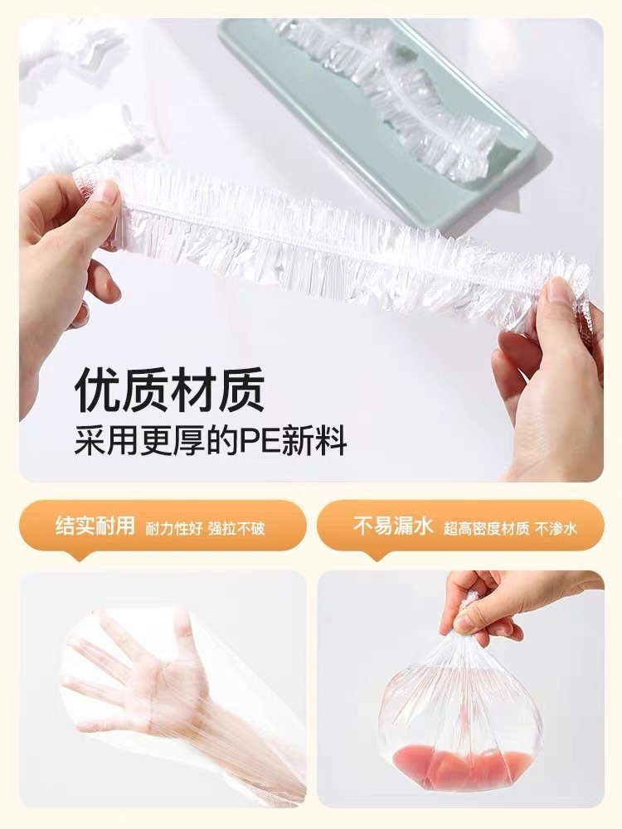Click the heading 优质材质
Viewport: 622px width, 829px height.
click(169, 390)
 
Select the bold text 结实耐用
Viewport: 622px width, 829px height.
click(95, 526)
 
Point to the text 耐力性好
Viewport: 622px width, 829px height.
click(174, 528)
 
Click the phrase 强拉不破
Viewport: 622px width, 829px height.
click(236, 528)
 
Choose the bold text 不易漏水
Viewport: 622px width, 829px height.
click(393, 526)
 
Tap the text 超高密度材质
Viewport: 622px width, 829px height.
click(486, 528)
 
